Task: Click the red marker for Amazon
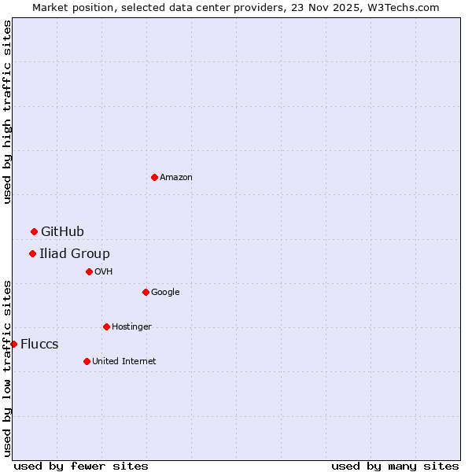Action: [154, 177]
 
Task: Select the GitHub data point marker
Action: [34, 231]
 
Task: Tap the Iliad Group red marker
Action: [32, 253]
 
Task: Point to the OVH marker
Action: [89, 271]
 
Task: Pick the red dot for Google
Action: [146, 292]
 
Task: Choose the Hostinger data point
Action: [106, 326]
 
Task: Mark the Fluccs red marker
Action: [13, 344]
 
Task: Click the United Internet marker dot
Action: [87, 361]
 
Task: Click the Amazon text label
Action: [176, 178]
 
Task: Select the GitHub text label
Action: [62, 231]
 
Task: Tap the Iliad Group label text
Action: [75, 253]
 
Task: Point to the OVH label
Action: [104, 272]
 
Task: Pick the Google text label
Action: [165, 293]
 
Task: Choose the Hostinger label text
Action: [131, 327]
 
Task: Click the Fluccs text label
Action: [39, 345]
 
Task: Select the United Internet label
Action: [124, 362]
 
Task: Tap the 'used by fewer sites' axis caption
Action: [81, 466]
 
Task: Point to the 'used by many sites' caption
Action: [395, 466]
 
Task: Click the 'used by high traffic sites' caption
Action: [7, 112]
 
